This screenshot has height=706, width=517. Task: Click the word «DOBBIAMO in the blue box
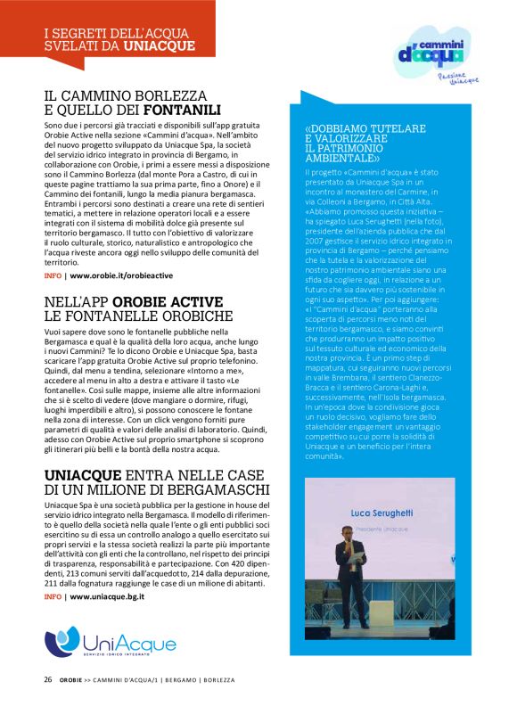click(340, 128)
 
